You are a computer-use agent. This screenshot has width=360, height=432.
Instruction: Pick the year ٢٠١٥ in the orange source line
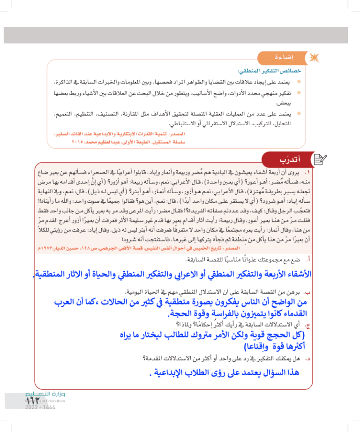78,141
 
